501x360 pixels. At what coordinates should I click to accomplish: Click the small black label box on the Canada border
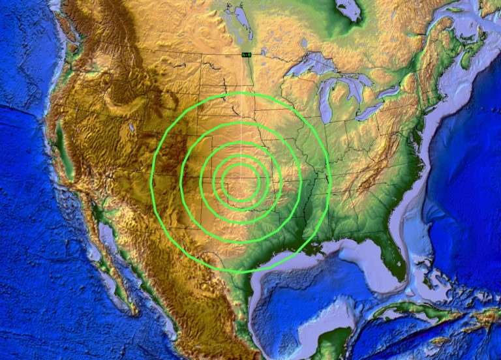(246, 55)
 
